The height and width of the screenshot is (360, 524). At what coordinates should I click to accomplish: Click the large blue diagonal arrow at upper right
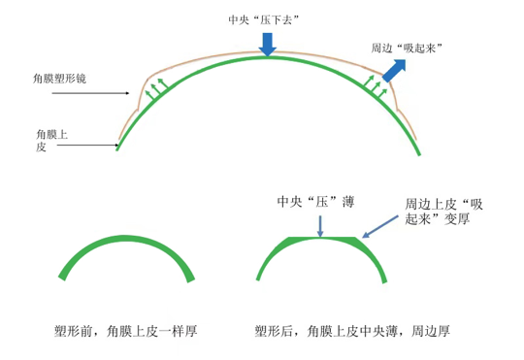tap(394, 70)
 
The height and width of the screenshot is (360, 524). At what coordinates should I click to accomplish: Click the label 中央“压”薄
tap(314, 202)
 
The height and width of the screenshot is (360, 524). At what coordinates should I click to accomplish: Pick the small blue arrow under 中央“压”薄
tap(320, 226)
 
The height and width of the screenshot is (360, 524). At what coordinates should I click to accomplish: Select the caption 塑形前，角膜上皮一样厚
tap(126, 331)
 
